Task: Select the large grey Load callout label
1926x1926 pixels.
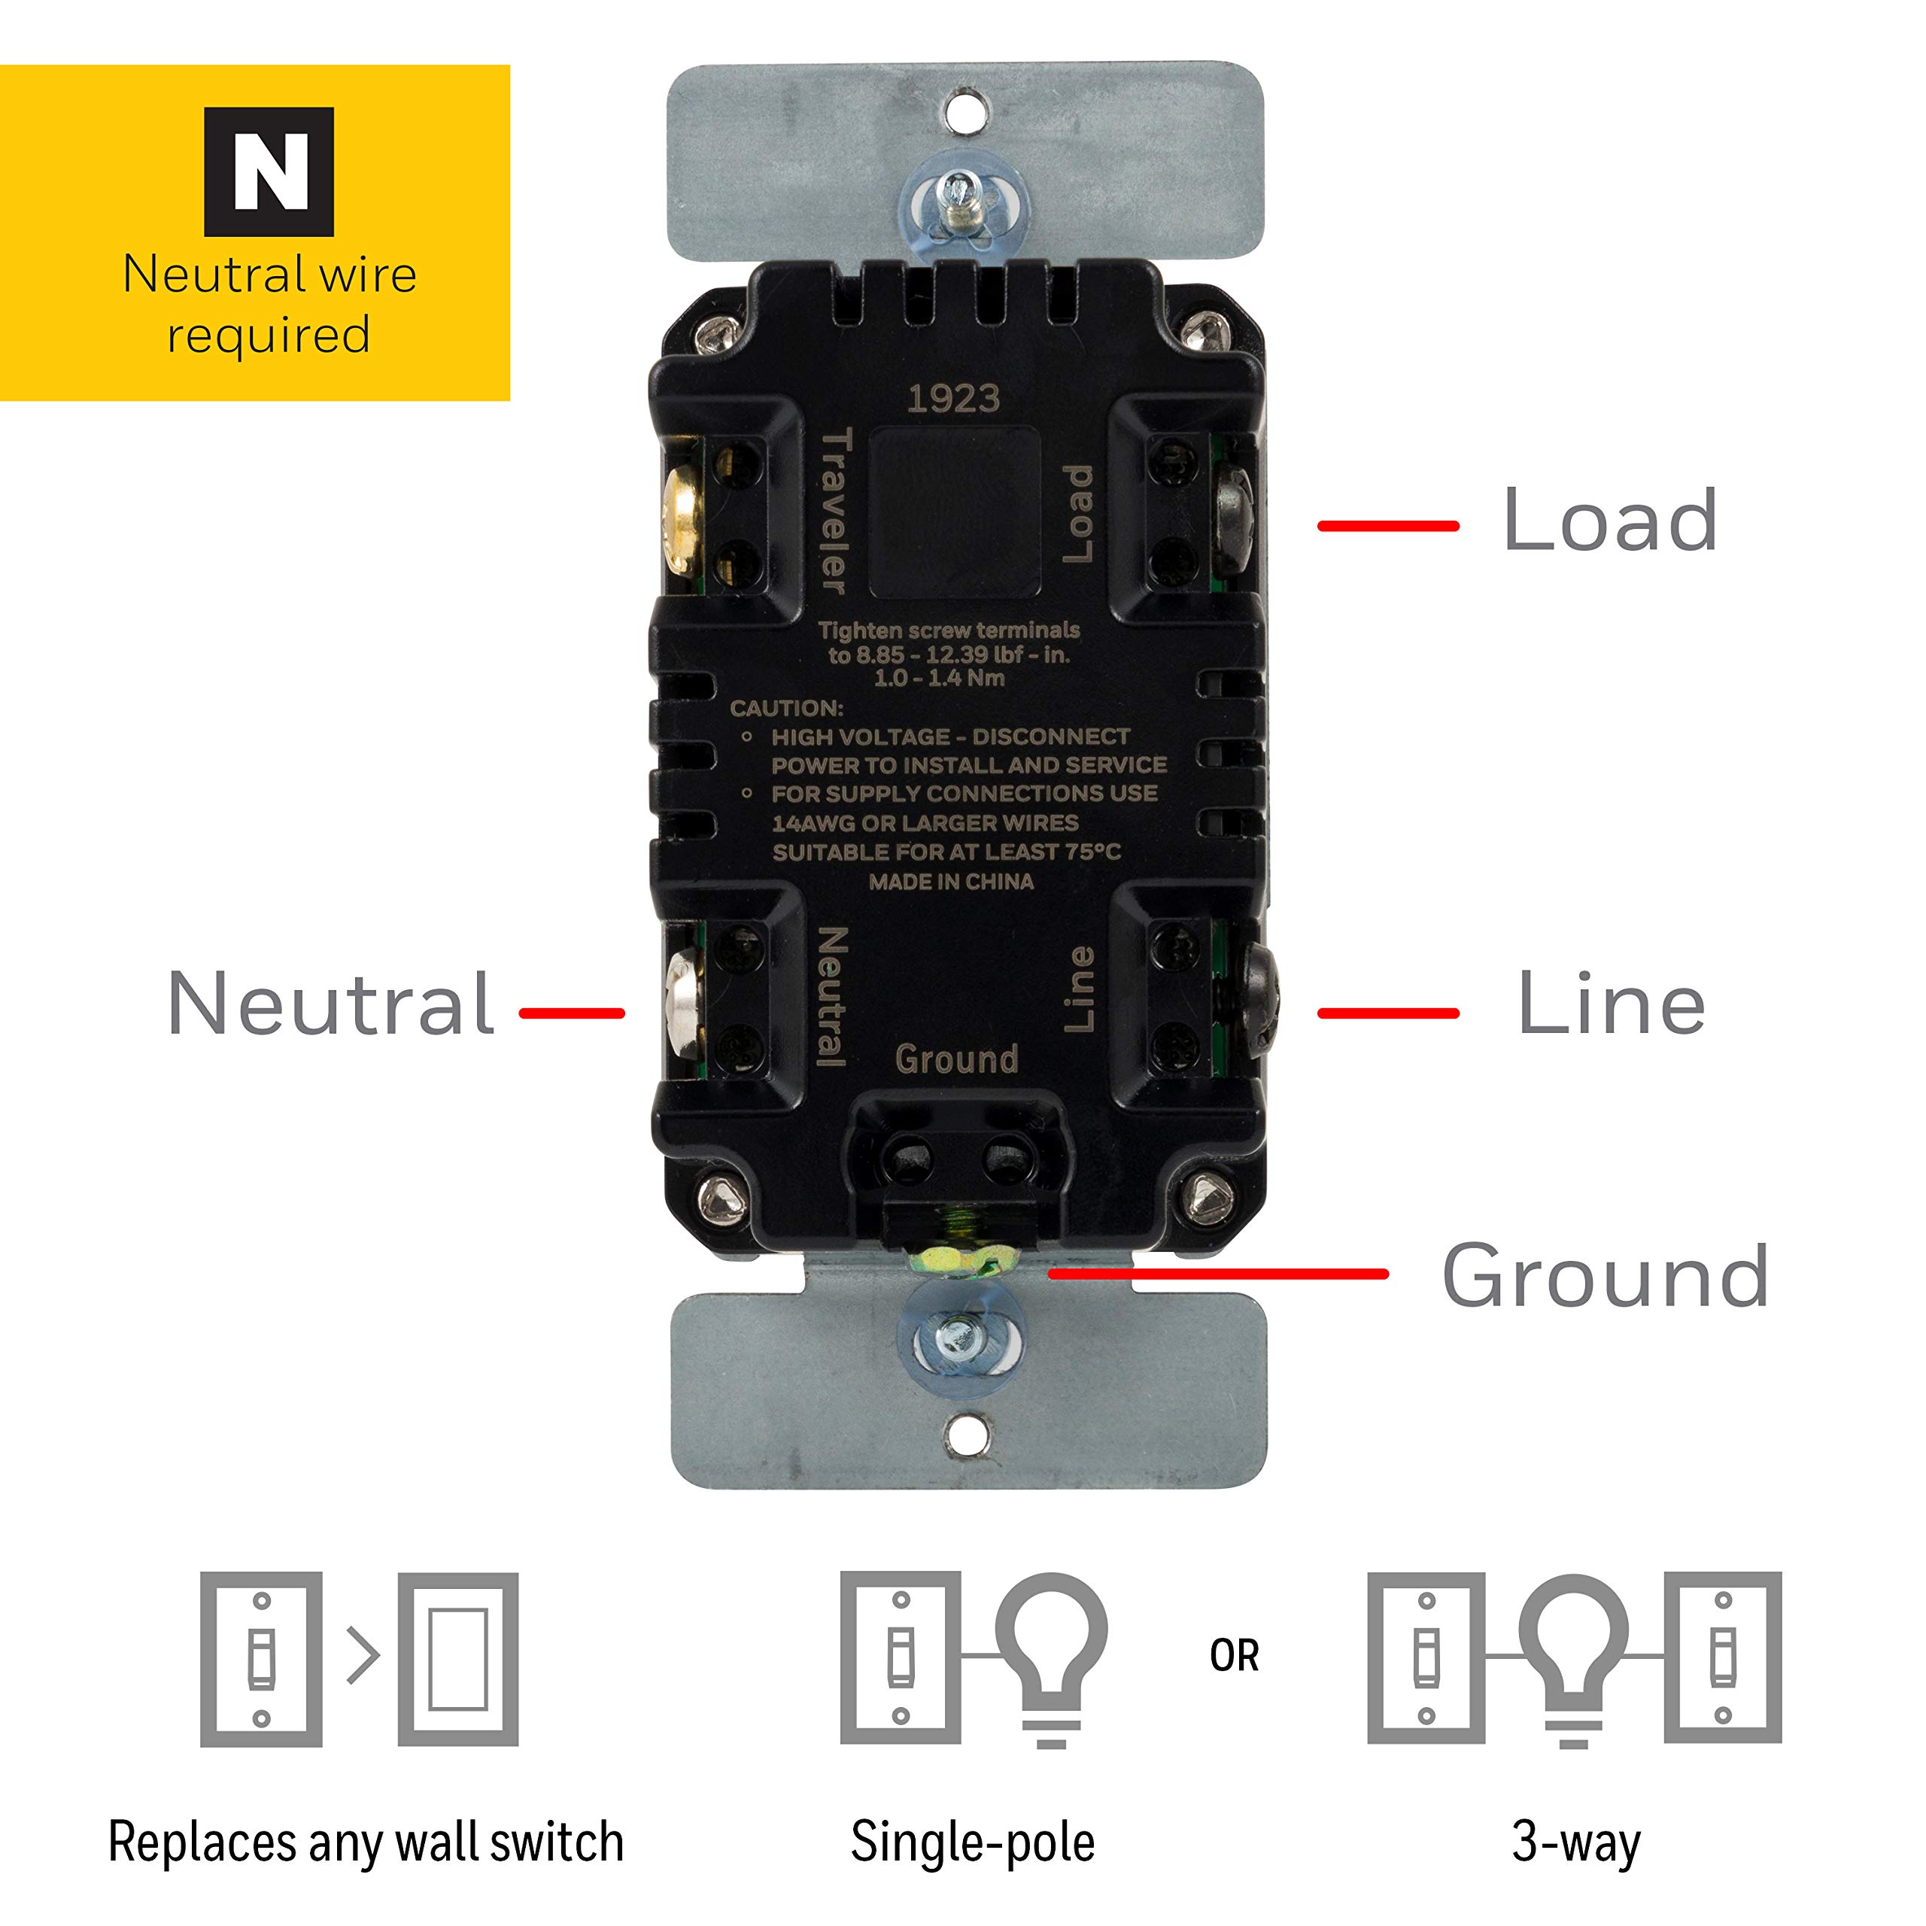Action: [1609, 521]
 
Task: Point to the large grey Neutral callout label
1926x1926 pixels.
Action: [331, 1004]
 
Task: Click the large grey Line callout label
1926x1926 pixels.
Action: [1611, 1004]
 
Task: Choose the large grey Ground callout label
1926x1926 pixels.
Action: [1605, 1276]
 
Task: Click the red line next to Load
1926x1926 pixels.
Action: [1387, 525]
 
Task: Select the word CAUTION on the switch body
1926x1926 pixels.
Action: [786, 709]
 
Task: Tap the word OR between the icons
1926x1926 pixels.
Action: [1234, 1656]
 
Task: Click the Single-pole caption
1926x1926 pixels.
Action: [972, 1842]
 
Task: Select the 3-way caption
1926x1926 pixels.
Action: [1575, 1842]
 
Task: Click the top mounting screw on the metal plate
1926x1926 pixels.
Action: [959, 199]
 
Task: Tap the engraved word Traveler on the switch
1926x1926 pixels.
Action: [834, 510]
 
